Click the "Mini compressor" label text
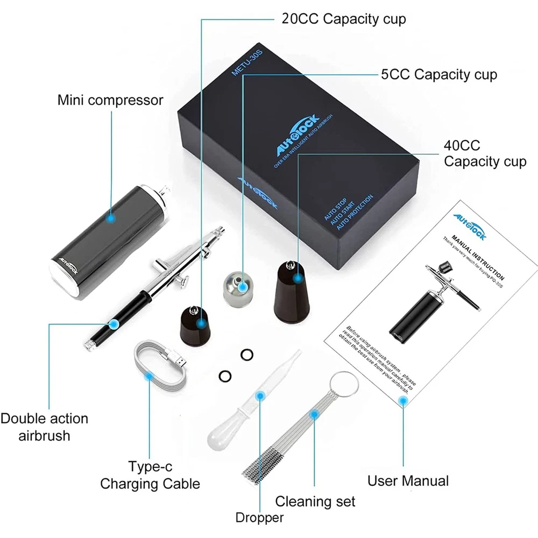coord(110,101)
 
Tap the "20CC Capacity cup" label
coord(344,19)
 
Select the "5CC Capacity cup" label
coord(439,74)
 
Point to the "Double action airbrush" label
coord(44,427)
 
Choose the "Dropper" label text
coord(259,518)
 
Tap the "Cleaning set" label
coord(315,501)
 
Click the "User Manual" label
coord(408,480)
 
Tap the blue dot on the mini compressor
coord(111,218)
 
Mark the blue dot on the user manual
coord(402,399)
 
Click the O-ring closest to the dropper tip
coord(247,355)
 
